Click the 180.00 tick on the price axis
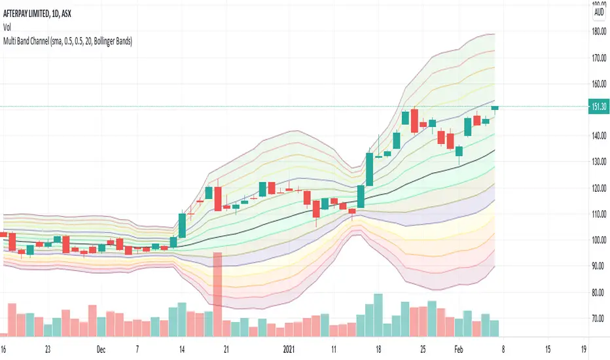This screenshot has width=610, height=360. (x=598, y=31)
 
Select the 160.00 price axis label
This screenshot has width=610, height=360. (x=598, y=84)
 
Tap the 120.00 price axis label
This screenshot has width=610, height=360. (x=598, y=188)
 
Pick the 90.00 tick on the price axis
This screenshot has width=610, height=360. (x=598, y=266)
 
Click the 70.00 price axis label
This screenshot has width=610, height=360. (x=598, y=319)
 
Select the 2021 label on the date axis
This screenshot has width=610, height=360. (x=289, y=348)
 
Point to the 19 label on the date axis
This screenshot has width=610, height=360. (x=583, y=348)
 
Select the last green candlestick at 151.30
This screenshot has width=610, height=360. (x=495, y=107)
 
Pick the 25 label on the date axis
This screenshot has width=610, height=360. (x=423, y=348)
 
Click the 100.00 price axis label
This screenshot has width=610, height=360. (x=598, y=240)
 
